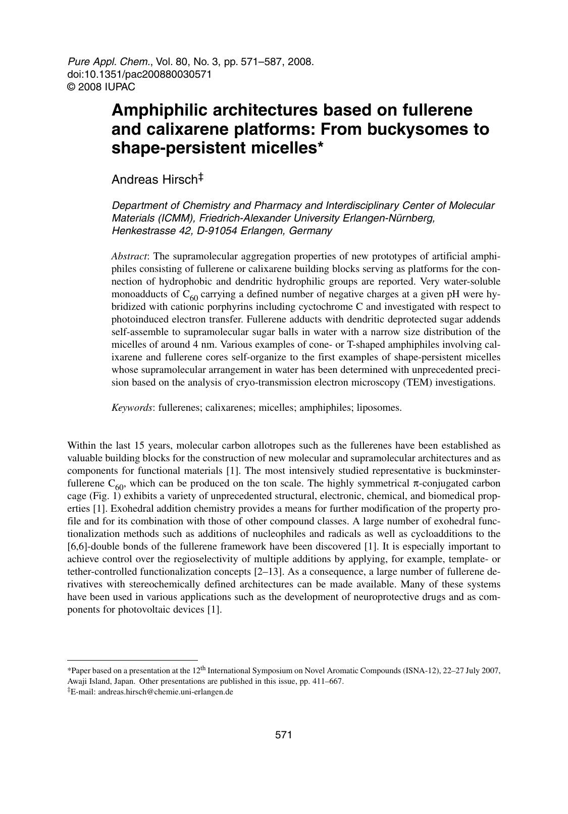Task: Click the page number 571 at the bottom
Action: [x=284, y=735]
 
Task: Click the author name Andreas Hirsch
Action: [x=154, y=180]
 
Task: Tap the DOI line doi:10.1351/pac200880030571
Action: [x=139, y=74]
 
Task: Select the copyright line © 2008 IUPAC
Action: [x=101, y=87]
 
